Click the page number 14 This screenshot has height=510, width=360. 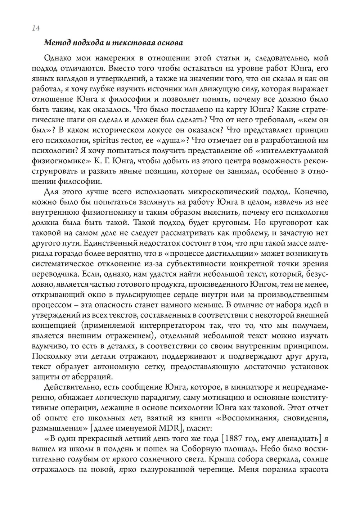36,28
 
